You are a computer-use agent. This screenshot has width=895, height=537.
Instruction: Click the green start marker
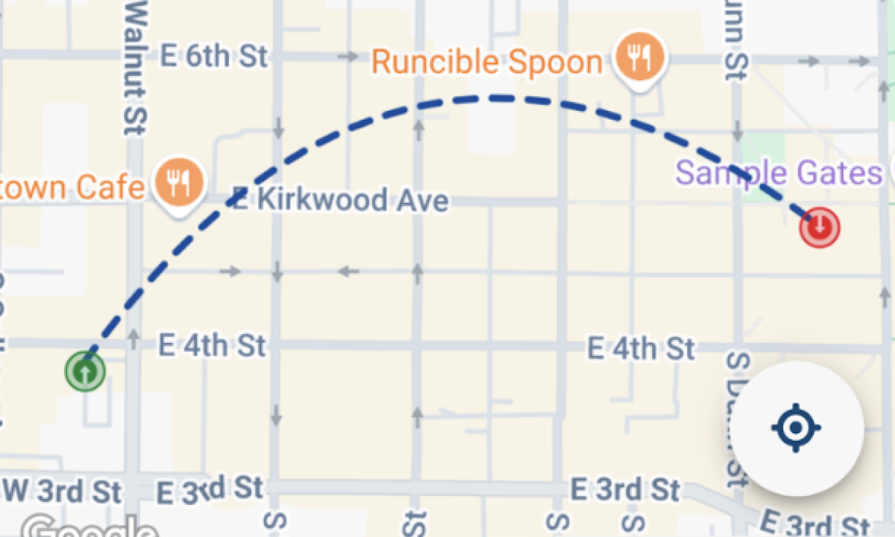(x=85, y=370)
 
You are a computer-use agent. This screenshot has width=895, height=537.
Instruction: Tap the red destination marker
(x=820, y=226)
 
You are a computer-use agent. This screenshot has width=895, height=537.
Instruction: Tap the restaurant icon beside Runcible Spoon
(x=640, y=56)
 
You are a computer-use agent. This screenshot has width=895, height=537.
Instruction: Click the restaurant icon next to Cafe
(x=178, y=180)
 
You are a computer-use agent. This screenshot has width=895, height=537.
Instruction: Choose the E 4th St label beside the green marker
(x=213, y=345)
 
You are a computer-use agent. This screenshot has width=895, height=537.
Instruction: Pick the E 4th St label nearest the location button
(x=641, y=348)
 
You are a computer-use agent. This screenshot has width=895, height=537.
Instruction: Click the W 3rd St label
(x=63, y=491)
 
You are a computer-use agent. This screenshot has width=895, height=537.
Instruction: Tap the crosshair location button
(x=797, y=428)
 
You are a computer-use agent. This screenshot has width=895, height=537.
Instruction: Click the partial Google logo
(x=89, y=528)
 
